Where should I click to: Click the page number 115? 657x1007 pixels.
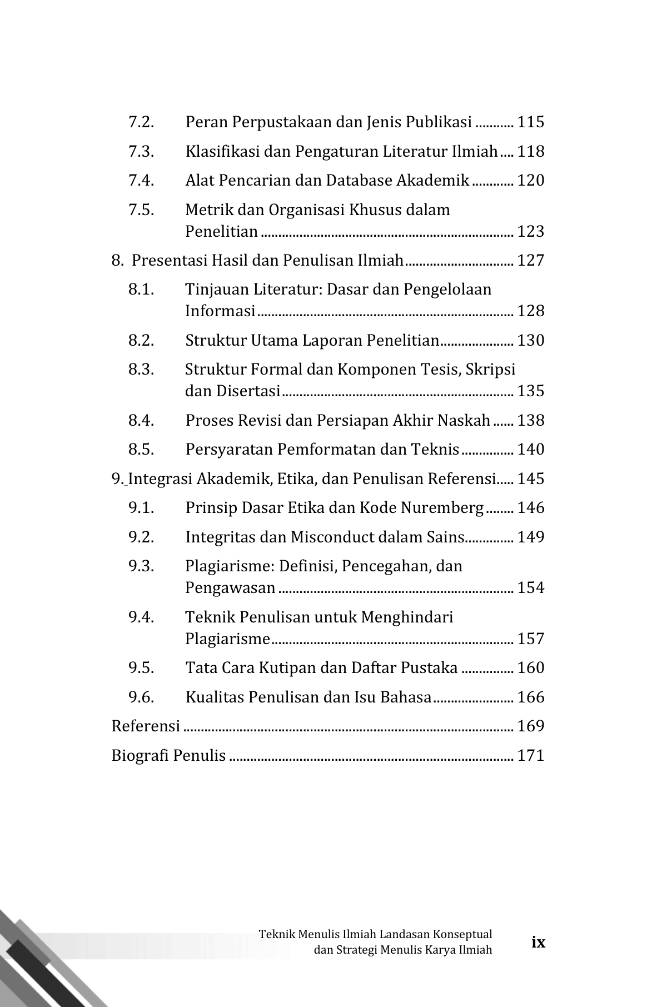530,122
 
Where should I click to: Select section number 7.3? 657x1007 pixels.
141,152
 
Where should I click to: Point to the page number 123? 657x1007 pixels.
530,232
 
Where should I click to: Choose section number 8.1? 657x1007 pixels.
141,290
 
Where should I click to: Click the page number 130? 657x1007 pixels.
530,341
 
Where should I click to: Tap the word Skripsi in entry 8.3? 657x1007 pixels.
491,370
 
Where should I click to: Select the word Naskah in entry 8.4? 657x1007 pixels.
464,421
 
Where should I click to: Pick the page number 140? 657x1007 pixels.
530,450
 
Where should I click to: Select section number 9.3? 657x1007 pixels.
141,566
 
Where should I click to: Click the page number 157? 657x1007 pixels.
530,639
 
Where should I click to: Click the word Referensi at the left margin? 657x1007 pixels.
146,726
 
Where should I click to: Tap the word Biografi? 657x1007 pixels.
140,756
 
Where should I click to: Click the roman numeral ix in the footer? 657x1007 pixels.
538,942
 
